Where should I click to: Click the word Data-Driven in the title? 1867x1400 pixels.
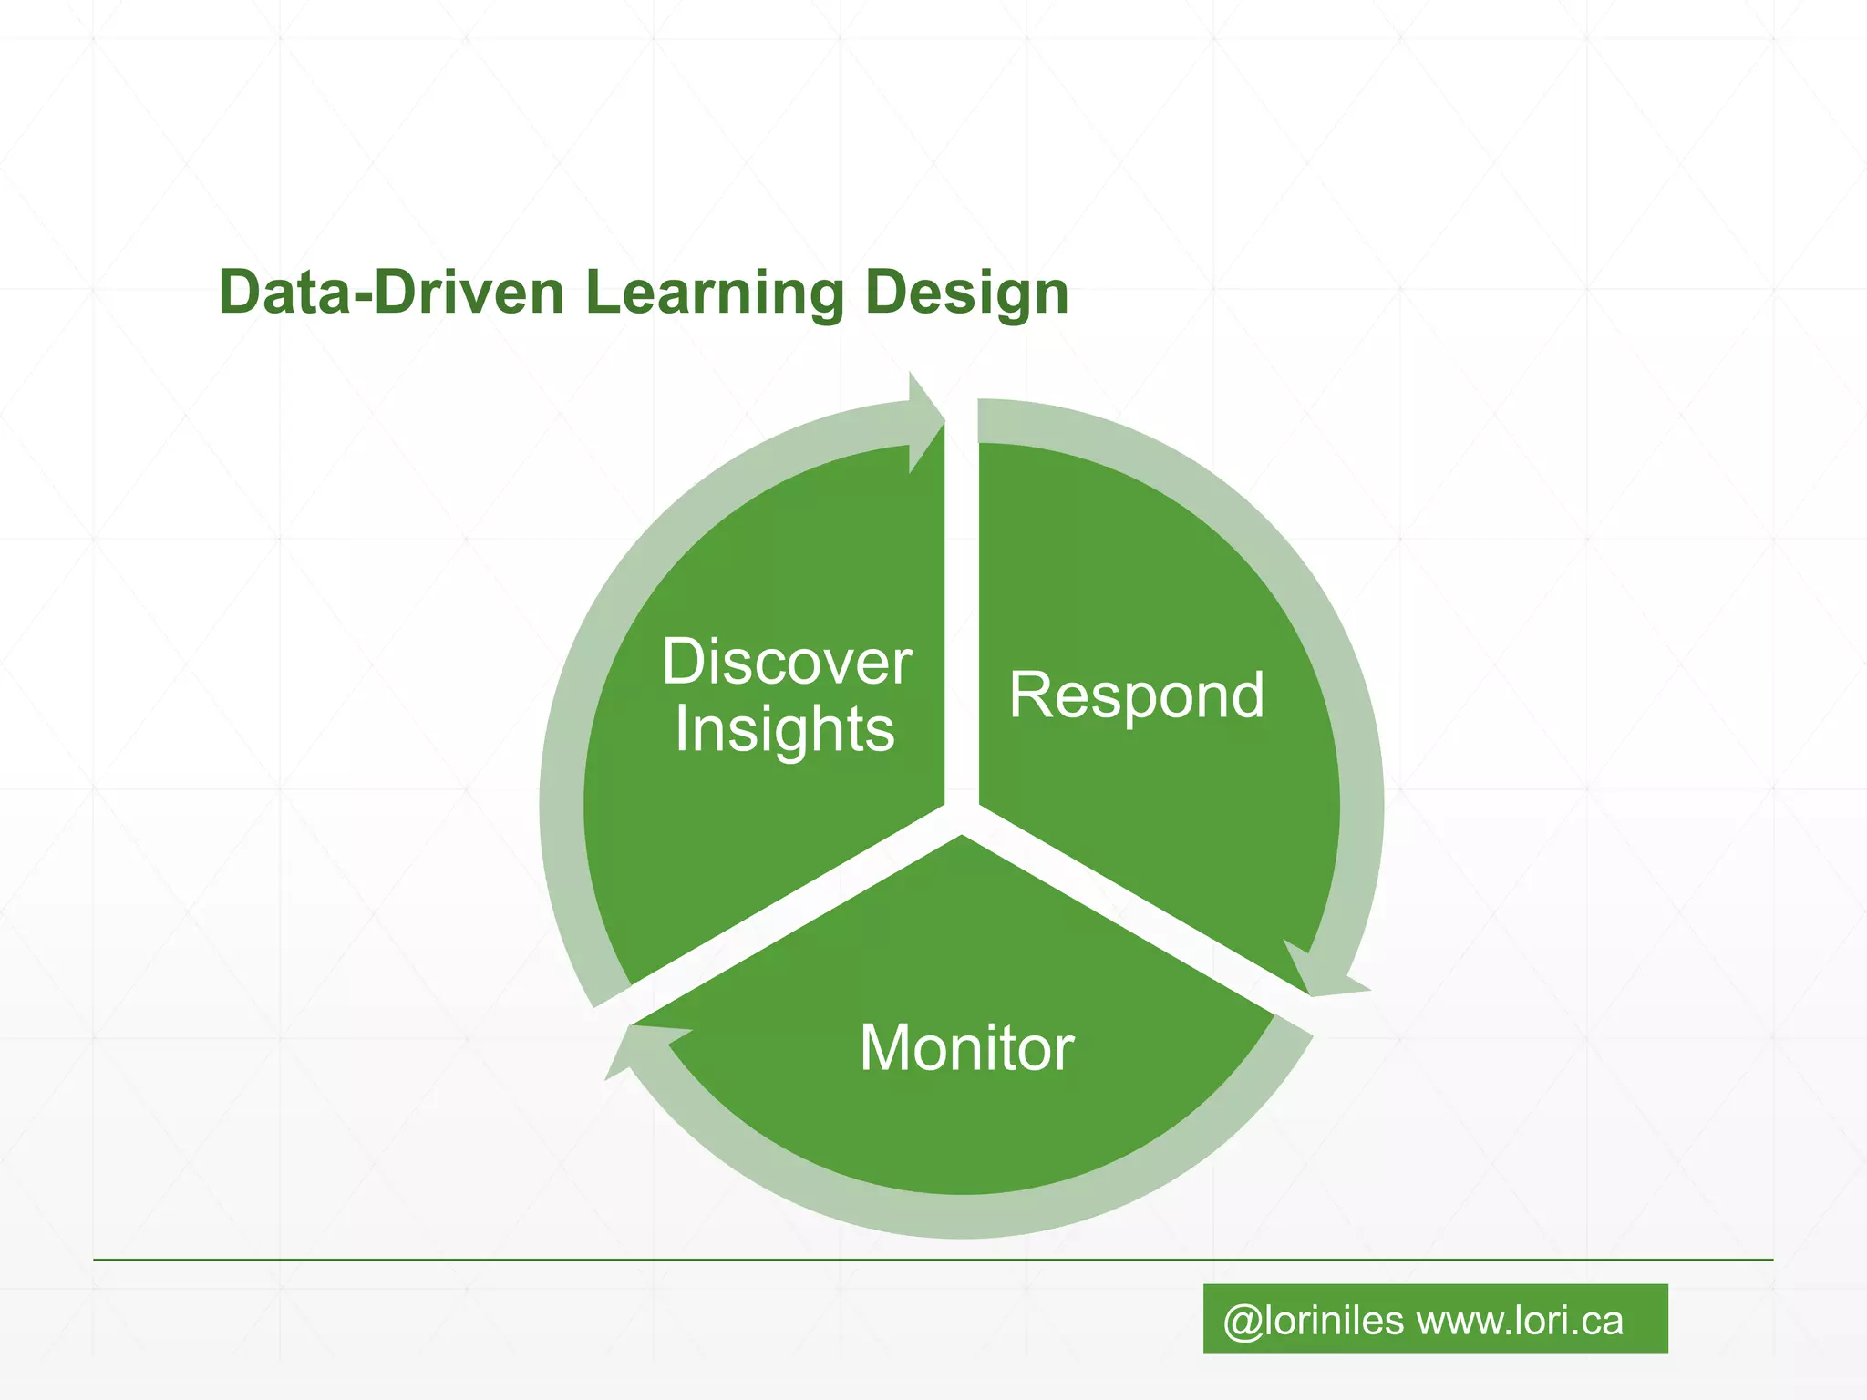pos(391,293)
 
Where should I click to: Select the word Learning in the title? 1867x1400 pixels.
pos(715,294)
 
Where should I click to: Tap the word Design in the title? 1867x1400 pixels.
pos(966,294)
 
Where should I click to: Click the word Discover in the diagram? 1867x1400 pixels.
pos(787,662)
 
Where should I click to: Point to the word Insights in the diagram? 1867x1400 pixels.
pos(785,731)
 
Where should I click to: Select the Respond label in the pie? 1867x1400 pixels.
pos(1137,696)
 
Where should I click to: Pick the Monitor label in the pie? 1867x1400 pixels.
pos(966,1048)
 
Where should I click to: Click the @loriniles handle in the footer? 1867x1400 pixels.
pos(1313,1321)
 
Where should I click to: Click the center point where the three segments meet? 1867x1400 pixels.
pos(962,818)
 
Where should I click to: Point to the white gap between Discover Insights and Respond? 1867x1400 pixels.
pos(962,620)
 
